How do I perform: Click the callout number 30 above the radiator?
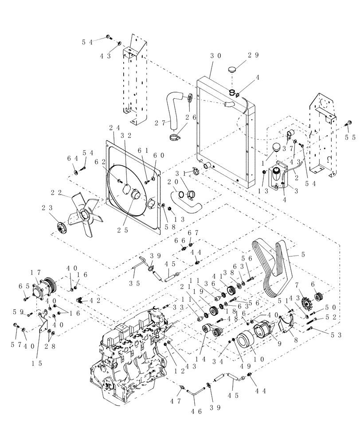(215, 56)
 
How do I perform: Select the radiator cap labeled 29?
(233, 70)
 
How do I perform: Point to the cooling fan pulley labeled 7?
(293, 305)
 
